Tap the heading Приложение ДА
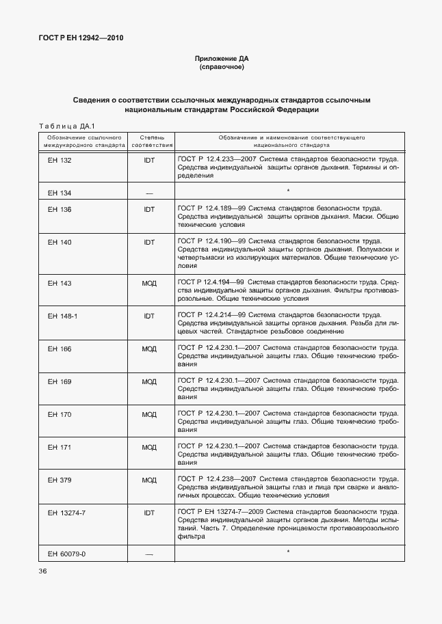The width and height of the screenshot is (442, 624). tap(221, 59)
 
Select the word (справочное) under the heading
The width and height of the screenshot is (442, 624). tap(221, 68)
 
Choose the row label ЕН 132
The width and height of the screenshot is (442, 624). tap(60, 160)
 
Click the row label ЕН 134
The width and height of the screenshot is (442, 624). tap(60, 193)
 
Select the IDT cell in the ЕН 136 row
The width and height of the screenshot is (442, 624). tap(149, 209)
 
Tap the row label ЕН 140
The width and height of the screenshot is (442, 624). tap(60, 242)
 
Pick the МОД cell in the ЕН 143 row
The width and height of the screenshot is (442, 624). tap(149, 282)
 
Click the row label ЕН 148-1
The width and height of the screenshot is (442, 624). tap(62, 316)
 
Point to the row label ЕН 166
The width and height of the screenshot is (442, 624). tap(60, 349)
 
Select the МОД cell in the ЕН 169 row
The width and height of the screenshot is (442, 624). tap(149, 381)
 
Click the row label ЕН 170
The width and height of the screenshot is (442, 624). tap(60, 414)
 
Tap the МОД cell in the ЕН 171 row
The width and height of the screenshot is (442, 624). tap(149, 447)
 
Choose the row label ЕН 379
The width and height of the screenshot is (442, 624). tap(60, 480)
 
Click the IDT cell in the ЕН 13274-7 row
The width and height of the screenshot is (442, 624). tap(149, 512)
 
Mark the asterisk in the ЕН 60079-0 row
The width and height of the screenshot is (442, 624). tap(288, 552)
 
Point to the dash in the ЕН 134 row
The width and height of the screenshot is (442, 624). tap(149, 193)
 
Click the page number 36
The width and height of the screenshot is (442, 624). tap(42, 571)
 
